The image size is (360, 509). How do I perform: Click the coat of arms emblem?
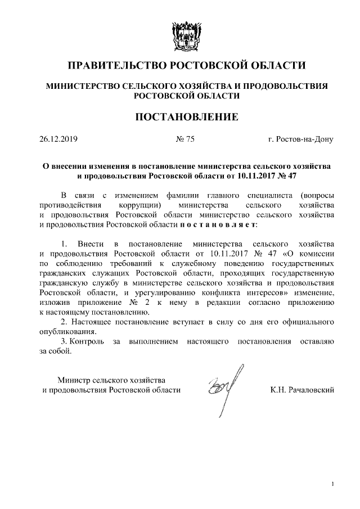pyautogui.click(x=180, y=34)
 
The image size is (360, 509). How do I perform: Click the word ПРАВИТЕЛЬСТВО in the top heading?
pyautogui.click(x=116, y=66)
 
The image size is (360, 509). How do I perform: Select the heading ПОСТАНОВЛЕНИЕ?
pyautogui.click(x=180, y=117)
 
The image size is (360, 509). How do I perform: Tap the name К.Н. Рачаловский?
pyautogui.click(x=302, y=389)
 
